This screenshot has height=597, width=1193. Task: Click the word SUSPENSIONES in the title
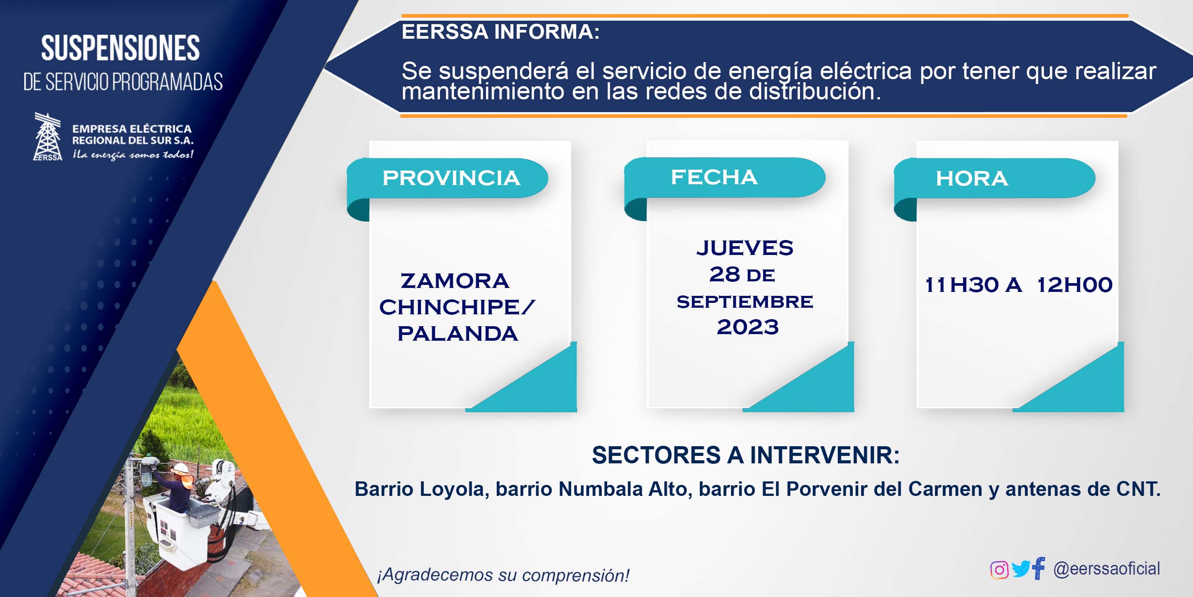[120, 48]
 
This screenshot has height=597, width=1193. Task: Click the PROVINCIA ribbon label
[451, 178]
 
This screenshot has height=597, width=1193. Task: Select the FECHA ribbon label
[714, 177]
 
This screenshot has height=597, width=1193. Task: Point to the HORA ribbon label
[971, 178]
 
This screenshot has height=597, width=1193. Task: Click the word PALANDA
[458, 334]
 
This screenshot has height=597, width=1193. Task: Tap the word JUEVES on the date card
[745, 248]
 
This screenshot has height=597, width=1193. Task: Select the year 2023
[747, 327]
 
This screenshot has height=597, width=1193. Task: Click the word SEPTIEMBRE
[745, 302]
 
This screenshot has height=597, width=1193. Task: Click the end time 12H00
[1075, 285]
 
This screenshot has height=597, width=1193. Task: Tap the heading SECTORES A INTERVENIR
[746, 455]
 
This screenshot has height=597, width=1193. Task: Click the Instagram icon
[999, 569]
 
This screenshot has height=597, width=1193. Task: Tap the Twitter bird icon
[1021, 569]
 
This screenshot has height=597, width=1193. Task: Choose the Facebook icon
[1039, 568]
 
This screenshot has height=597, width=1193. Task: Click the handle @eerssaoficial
[1106, 569]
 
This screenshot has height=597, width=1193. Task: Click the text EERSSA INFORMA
[501, 32]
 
